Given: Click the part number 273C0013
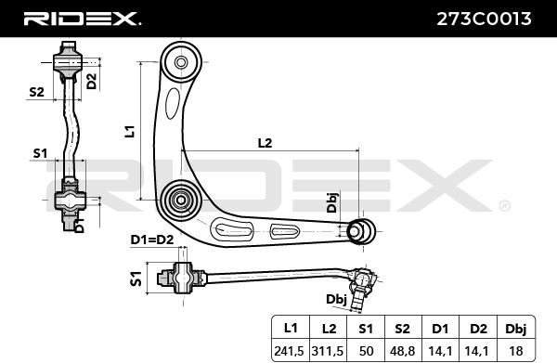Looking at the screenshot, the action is coord(484,19).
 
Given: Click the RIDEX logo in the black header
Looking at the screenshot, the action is coord(82,19).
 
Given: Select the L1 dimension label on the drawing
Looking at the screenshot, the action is coord(131,131).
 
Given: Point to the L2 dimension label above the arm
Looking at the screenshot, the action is coord(265,143).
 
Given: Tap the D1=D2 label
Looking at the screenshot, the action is coord(152,240).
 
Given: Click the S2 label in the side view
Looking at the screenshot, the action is coord(36,92).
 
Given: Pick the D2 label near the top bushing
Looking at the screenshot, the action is coord(92,81).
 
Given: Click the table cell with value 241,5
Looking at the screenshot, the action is coord(289,351).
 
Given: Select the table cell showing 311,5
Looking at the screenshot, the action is coord(327,351).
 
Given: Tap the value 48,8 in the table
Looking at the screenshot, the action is coord(402,351).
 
